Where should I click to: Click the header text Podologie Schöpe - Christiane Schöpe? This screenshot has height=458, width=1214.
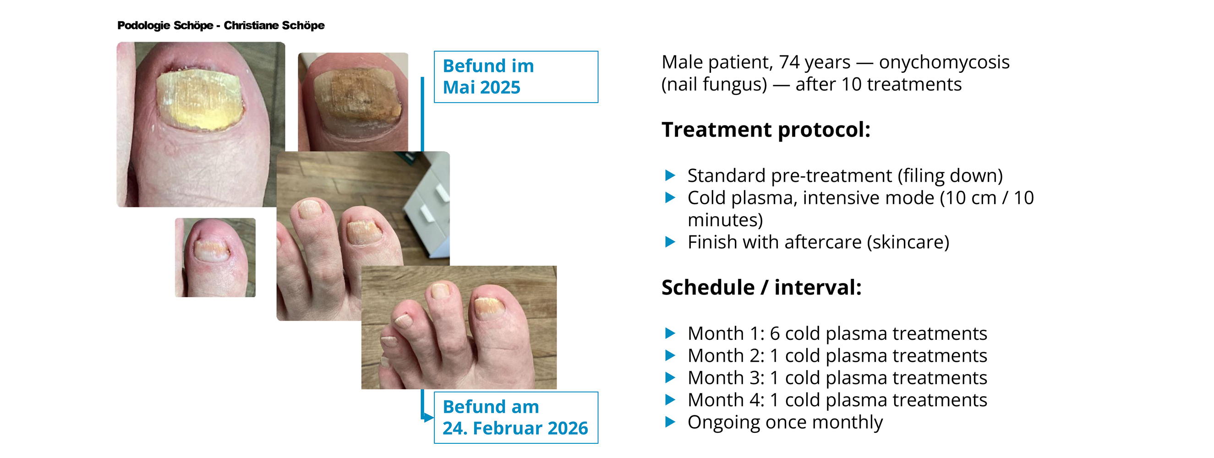pyautogui.click(x=220, y=26)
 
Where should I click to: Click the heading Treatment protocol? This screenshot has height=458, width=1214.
pyautogui.click(x=766, y=130)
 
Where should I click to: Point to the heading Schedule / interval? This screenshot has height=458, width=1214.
pyautogui.click(x=761, y=288)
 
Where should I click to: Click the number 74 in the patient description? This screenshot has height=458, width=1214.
pyautogui.click(x=789, y=62)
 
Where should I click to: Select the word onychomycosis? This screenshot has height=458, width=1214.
pyautogui.click(x=944, y=62)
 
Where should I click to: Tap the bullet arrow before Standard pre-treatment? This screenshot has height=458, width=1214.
pyautogui.click(x=670, y=176)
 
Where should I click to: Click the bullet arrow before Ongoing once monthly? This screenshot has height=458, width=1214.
pyautogui.click(x=670, y=422)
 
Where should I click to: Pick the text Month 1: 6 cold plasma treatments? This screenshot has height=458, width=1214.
pyautogui.click(x=837, y=333)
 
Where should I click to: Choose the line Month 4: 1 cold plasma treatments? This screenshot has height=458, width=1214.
pyautogui.click(x=837, y=400)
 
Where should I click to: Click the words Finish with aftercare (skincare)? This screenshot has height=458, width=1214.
pyautogui.click(x=818, y=242)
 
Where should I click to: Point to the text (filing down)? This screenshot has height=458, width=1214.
pyautogui.click(x=950, y=176)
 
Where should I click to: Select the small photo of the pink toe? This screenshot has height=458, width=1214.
pyautogui.click(x=215, y=257)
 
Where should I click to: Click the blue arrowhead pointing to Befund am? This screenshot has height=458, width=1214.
pyautogui.click(x=428, y=418)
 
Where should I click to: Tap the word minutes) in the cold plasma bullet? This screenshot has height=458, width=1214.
pyautogui.click(x=725, y=220)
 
